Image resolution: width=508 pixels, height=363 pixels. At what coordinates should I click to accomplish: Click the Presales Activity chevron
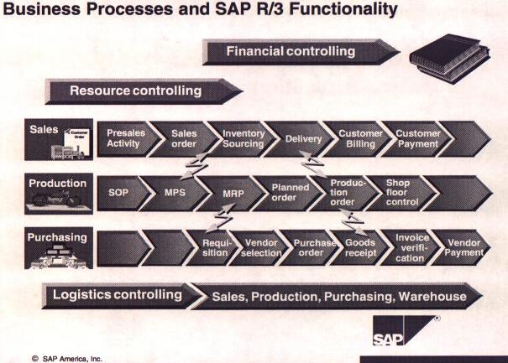(x=123, y=138)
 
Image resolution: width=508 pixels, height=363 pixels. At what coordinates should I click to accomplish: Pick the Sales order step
(x=183, y=138)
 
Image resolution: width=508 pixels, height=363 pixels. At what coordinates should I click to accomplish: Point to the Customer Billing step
(x=359, y=138)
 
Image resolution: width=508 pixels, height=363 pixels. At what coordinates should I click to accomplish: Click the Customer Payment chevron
(x=417, y=138)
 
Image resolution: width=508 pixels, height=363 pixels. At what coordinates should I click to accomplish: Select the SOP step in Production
(x=119, y=192)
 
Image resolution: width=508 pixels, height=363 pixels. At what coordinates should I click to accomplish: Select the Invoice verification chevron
(x=411, y=247)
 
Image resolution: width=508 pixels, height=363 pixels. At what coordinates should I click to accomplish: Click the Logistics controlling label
(x=117, y=295)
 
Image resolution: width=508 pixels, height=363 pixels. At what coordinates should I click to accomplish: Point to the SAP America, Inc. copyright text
(x=66, y=356)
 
